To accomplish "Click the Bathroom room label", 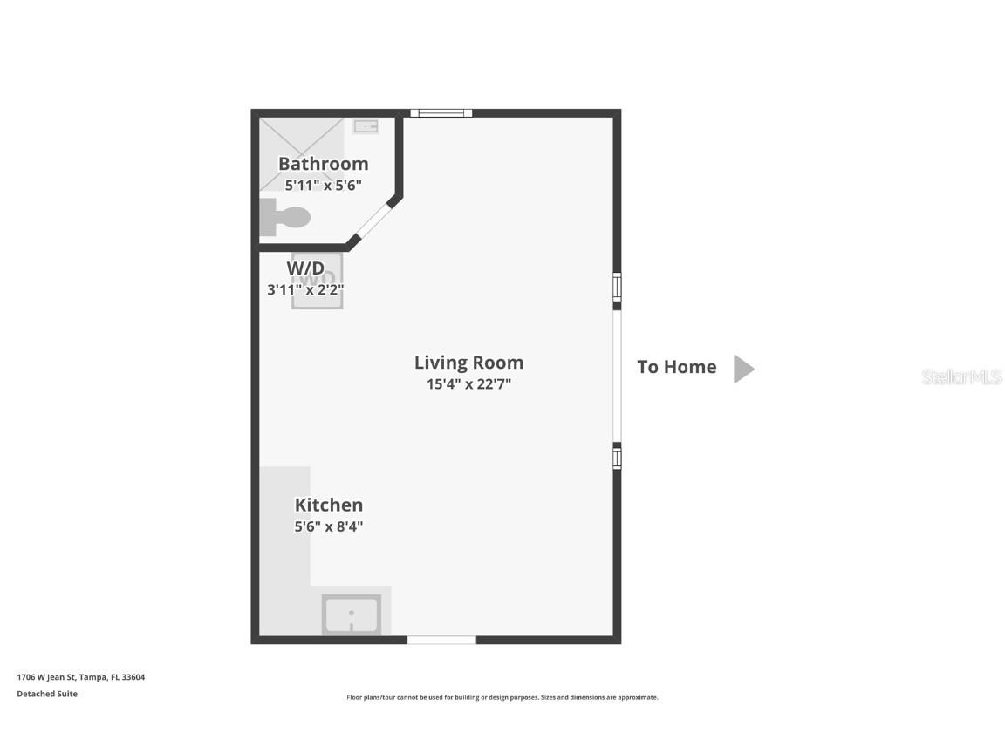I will coord(323,164).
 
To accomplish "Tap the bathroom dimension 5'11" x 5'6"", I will coord(323,186).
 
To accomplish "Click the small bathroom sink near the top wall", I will coord(366,126).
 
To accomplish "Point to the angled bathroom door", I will coord(373,221).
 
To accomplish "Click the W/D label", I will coord(305,268).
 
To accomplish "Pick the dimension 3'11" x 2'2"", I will coord(311,289).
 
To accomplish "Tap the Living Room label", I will coord(468,363).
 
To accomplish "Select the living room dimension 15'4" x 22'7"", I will coord(468,384).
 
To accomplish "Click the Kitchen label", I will coord(328,505).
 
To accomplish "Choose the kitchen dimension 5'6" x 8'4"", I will coord(328,526).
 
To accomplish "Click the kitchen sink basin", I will coord(352,614).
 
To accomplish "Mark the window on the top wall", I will coord(441,113).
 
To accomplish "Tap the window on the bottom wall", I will coord(441,641).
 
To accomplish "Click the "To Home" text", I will coord(676,367).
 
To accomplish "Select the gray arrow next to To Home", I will coord(742,369).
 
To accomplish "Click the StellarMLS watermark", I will coord(961,376).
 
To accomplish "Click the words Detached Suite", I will coord(47,694).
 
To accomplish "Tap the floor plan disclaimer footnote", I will coord(502,697).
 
